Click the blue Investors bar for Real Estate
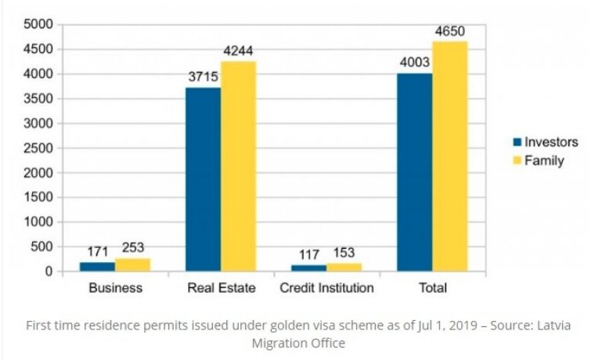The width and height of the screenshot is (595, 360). (x=203, y=179)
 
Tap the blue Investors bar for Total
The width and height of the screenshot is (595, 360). (x=414, y=172)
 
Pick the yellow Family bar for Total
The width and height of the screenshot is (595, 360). (x=449, y=157)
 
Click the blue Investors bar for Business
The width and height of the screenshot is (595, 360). (x=97, y=267)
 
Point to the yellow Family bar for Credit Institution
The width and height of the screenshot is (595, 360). (x=344, y=268)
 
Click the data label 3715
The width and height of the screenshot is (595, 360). (x=203, y=77)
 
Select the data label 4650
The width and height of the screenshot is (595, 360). (x=451, y=31)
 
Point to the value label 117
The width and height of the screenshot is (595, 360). (x=309, y=254)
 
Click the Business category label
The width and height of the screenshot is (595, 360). (x=115, y=288)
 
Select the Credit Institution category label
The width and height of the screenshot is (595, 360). (x=326, y=288)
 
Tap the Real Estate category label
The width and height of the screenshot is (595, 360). (x=222, y=288)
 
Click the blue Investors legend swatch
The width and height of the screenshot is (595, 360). (x=517, y=142)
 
